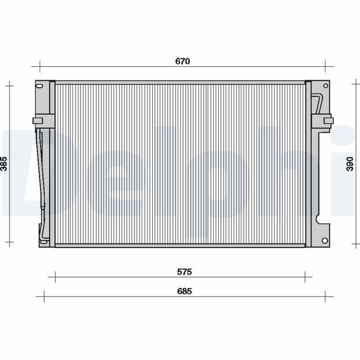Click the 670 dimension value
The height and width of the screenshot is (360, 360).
[x=183, y=61]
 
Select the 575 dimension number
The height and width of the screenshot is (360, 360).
[x=184, y=272]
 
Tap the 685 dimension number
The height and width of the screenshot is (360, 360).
[x=184, y=291]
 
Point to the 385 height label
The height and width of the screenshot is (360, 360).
[x=4, y=164]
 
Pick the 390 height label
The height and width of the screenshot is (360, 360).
[x=350, y=164]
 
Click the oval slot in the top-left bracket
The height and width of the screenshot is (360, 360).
[x=40, y=86]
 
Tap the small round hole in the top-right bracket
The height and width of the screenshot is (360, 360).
[x=325, y=86]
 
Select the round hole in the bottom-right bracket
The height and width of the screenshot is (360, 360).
[x=324, y=241]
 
